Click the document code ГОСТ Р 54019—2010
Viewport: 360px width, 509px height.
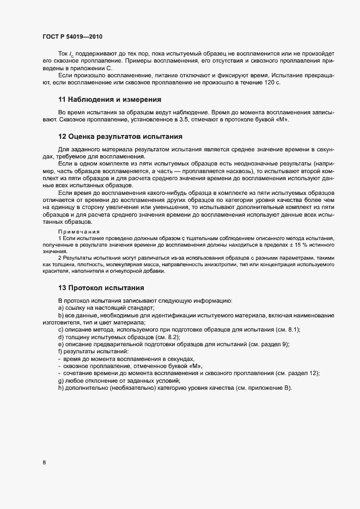coord(72,36)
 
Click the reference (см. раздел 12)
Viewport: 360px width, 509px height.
coord(296,372)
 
